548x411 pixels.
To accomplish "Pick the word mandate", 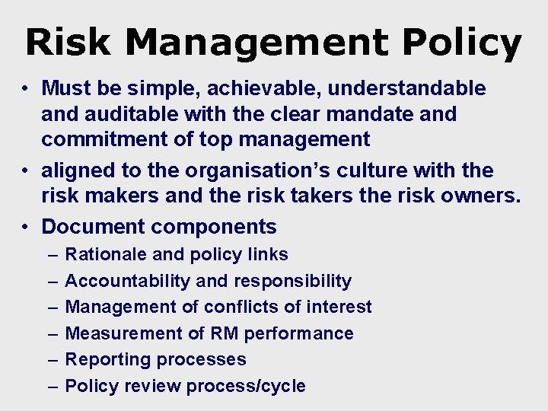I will pyautogui.click(x=356, y=114).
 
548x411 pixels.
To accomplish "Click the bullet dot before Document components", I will pyautogui.click(x=26, y=227).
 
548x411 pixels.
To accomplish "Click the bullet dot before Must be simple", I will pyautogui.click(x=26, y=89).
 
